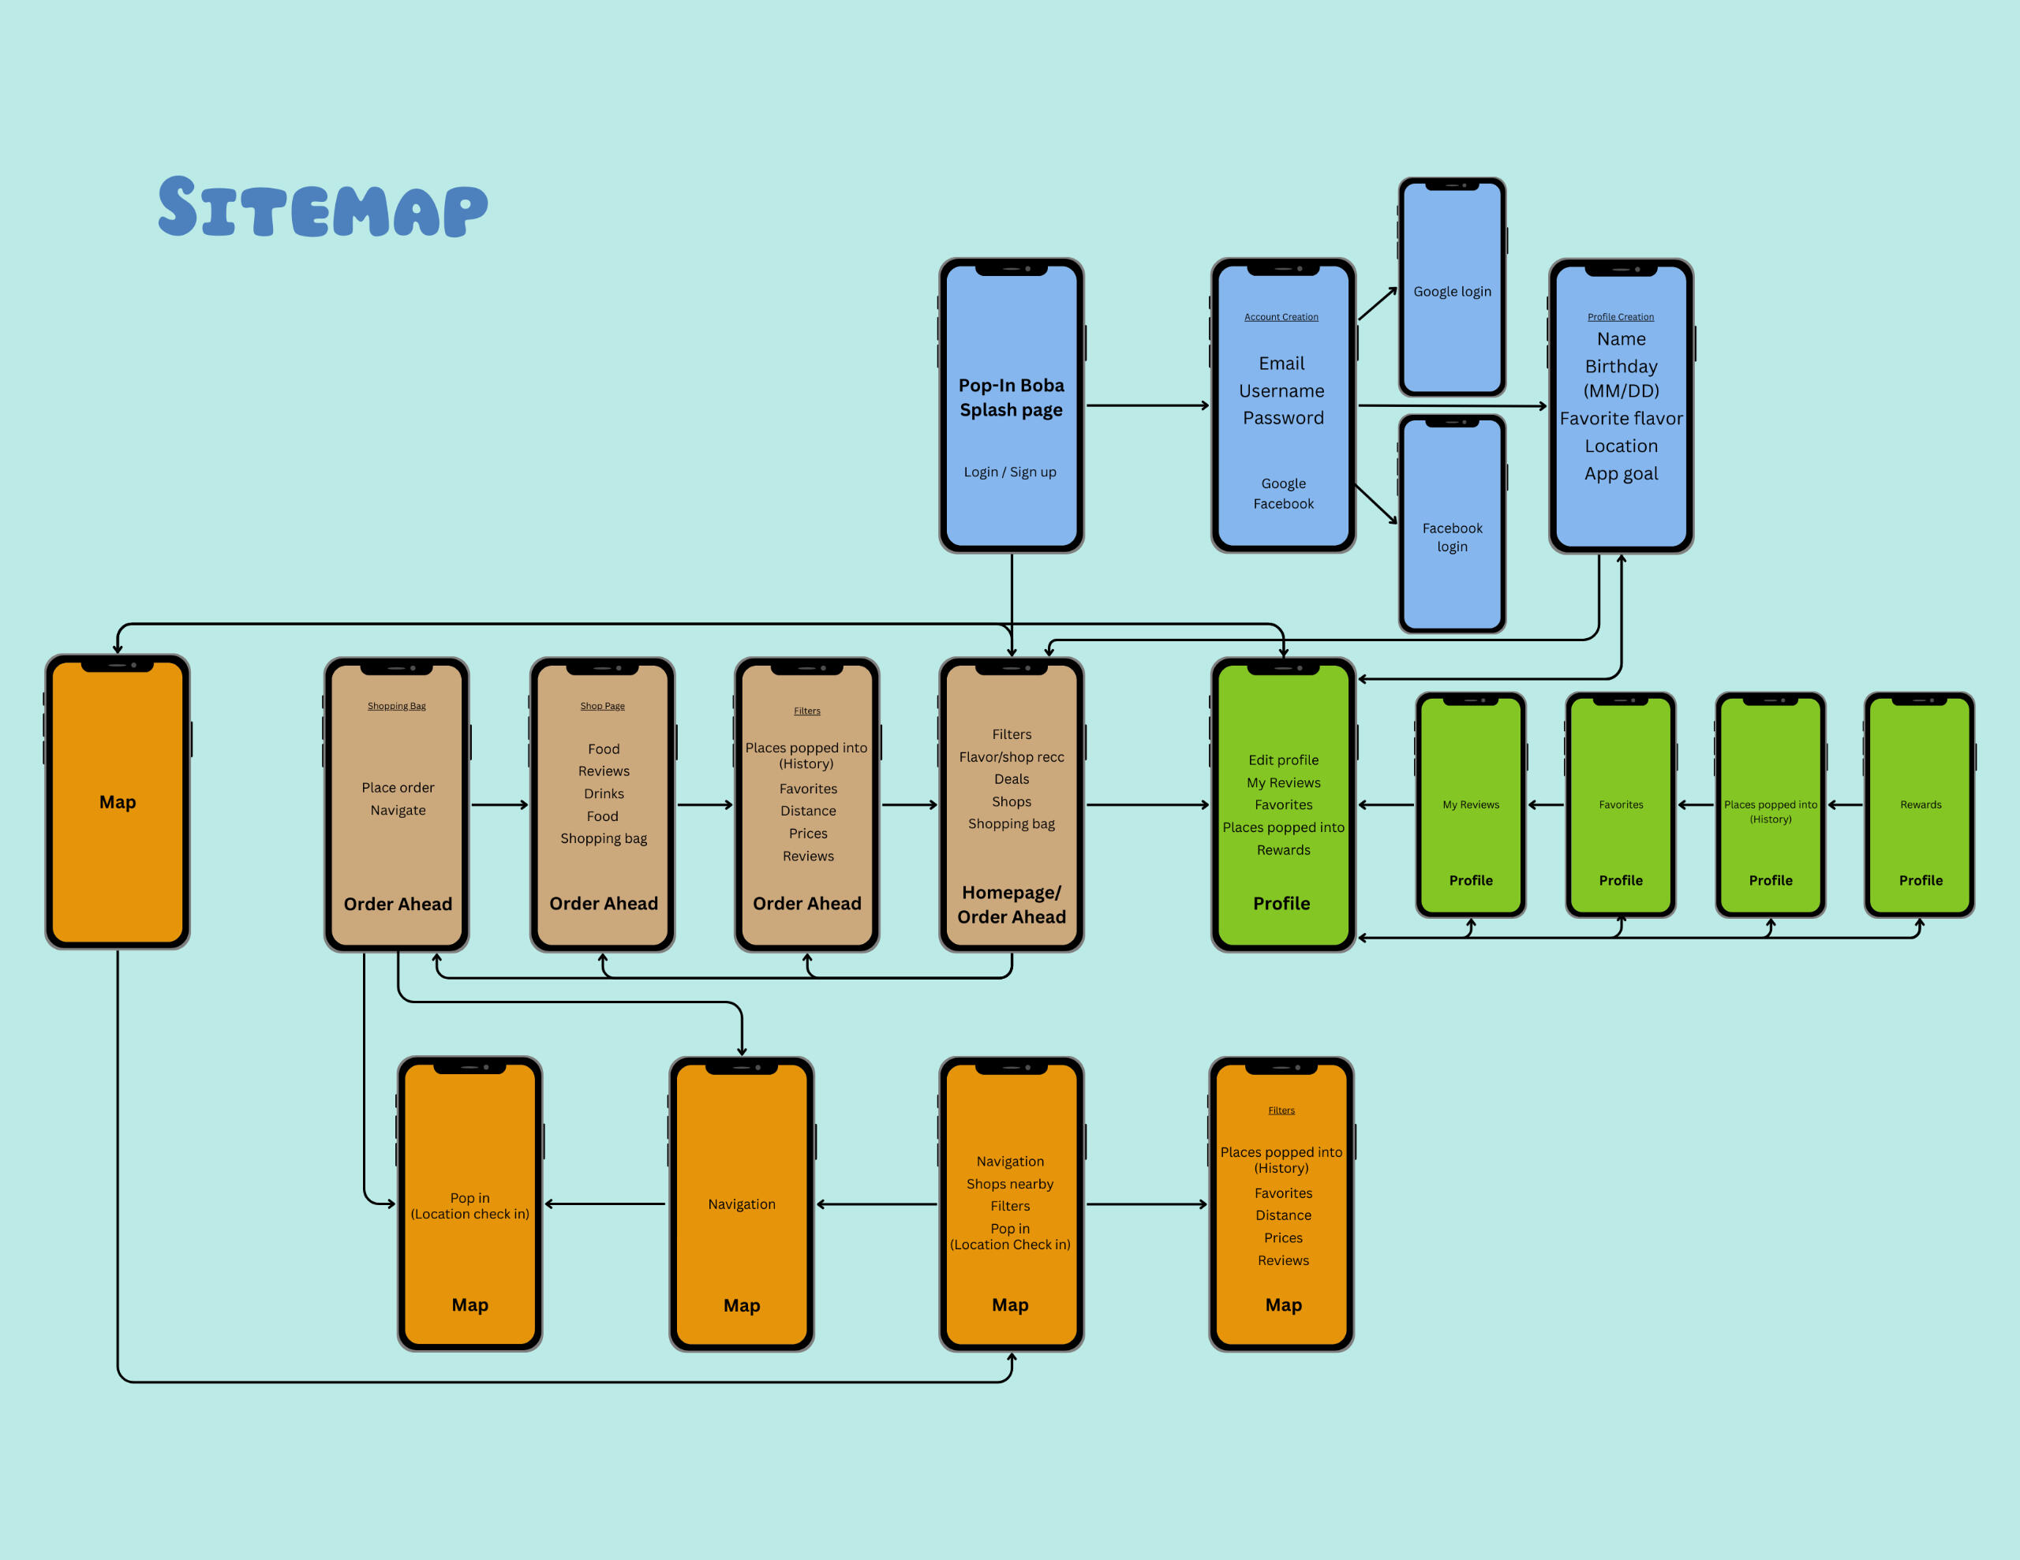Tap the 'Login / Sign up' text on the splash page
coord(1009,472)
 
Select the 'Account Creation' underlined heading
coord(1281,317)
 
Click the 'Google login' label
coord(1451,291)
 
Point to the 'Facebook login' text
coord(1451,537)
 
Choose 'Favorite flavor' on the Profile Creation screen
coord(1621,418)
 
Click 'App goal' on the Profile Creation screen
coord(1621,473)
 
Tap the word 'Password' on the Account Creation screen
coord(1283,418)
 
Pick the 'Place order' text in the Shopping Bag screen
coord(398,788)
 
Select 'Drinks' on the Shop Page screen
coord(603,793)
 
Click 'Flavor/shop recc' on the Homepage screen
coord(1011,756)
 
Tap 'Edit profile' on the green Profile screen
coord(1283,760)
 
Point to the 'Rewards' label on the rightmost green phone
coord(1920,804)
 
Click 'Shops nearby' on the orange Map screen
coord(1009,1184)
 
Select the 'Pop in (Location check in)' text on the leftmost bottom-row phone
coord(469,1206)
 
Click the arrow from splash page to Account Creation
coord(1147,405)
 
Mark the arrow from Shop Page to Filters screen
coord(705,804)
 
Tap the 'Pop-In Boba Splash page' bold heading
coord(1011,397)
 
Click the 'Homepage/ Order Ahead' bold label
coord(1011,905)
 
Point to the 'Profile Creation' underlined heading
coord(1621,317)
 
